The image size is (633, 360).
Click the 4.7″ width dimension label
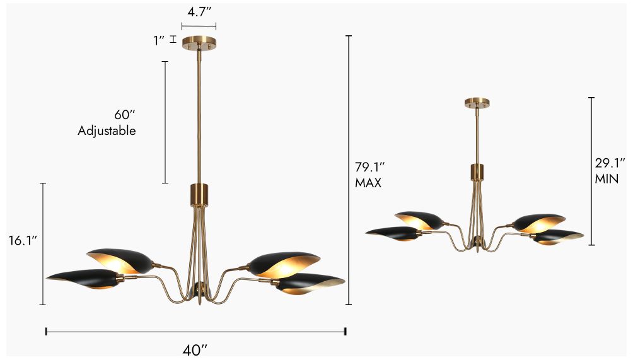[199, 11]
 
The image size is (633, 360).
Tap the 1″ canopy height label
[158, 40]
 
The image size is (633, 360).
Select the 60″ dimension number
[125, 115]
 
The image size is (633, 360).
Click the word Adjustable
[107, 131]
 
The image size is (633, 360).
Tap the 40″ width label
[195, 349]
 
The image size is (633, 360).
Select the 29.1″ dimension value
[608, 163]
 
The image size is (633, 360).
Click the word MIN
[607, 179]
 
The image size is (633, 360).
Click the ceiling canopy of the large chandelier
[199, 43]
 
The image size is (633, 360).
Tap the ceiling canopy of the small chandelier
[478, 103]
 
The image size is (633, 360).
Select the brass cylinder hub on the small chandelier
[478, 171]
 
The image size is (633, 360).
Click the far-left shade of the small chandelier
[393, 233]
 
